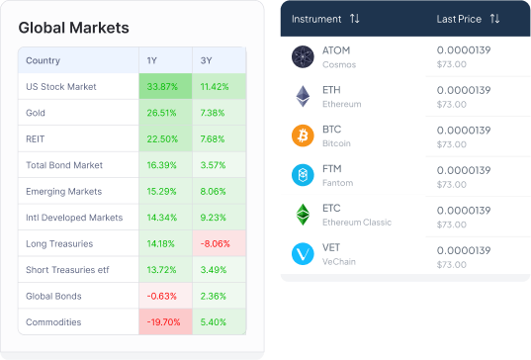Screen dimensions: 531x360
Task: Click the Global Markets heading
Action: [x=73, y=28]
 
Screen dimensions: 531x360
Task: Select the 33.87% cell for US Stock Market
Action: [x=165, y=86]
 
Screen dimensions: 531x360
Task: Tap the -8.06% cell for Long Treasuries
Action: [x=219, y=243]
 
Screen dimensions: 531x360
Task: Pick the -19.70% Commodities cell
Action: [x=165, y=321]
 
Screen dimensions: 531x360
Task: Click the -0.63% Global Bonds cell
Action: [x=165, y=296]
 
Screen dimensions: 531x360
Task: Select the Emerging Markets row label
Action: [x=63, y=191]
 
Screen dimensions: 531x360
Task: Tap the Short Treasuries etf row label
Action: [x=67, y=270]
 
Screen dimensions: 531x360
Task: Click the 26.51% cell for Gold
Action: [x=165, y=113]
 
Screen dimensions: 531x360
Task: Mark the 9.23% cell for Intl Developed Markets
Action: [x=219, y=217]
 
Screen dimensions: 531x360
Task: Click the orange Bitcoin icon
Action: [x=303, y=135]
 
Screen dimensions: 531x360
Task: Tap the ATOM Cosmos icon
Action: [x=303, y=56]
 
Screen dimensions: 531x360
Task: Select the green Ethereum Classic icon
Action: [x=303, y=215]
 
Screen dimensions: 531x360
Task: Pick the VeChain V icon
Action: [x=303, y=253]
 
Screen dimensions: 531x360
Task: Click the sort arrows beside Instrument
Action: [x=355, y=18]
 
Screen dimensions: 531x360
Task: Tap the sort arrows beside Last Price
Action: [x=494, y=18]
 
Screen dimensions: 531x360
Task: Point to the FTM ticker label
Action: [x=332, y=169]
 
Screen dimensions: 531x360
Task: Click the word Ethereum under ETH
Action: [x=342, y=104]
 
